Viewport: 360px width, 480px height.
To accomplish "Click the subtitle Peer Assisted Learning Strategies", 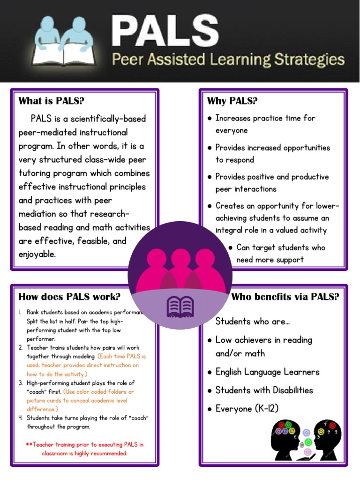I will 227,60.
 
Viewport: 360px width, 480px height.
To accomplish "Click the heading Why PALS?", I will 232,101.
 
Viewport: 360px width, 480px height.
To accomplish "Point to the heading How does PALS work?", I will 69,297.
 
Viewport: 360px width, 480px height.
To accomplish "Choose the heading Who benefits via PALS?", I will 285,297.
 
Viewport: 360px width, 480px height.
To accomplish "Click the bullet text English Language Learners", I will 267,372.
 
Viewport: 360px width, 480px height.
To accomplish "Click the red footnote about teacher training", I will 85,449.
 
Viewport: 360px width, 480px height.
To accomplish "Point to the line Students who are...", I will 253,322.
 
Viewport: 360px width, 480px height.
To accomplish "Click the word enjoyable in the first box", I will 37,255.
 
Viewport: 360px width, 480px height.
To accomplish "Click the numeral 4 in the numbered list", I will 21,418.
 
